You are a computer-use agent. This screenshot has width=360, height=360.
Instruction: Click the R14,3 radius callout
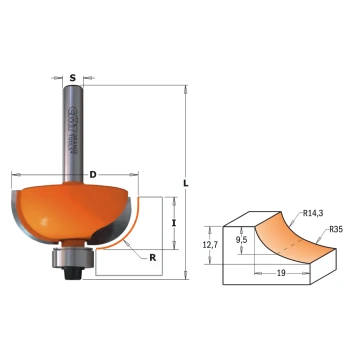pyautogui.click(x=314, y=212)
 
